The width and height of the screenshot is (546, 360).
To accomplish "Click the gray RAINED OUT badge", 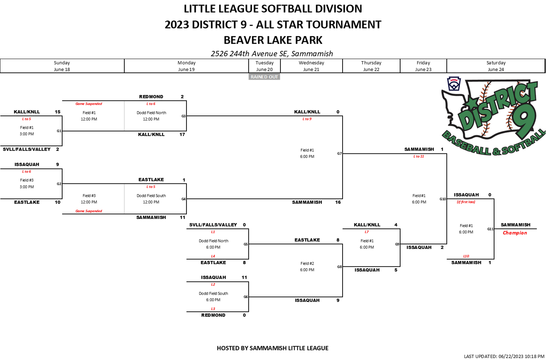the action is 264,77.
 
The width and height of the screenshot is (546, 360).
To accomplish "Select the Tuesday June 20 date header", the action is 265,66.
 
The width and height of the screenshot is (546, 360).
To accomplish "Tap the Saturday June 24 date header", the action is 496,66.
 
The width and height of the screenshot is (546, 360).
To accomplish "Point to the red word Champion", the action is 515,233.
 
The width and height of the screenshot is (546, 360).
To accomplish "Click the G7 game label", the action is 339,154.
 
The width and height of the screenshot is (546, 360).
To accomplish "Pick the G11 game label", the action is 490,229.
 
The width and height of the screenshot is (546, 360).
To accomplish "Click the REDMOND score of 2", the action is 182,97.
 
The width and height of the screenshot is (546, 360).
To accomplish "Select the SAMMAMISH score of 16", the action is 338,202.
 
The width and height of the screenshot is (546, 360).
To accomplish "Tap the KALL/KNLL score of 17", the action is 182,134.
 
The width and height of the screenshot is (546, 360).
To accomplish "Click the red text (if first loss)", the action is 466,202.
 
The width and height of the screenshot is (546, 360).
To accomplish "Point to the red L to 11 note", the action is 419,156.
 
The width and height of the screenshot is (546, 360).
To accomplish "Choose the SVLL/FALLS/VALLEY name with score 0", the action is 213,225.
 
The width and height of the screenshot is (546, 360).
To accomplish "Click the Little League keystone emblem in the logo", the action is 453,84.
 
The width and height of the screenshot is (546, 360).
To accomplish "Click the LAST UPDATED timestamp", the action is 504,356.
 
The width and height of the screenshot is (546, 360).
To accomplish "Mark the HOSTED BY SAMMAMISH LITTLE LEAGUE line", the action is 273,348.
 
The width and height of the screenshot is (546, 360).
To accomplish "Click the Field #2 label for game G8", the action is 307,263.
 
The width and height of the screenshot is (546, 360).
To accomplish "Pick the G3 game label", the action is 184,116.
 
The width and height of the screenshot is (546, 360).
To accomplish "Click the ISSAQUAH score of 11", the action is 244,277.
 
